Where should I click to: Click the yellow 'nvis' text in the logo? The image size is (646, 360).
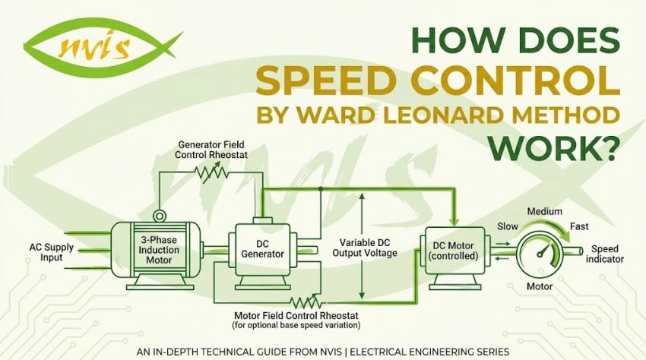pyautogui.click(x=94, y=46)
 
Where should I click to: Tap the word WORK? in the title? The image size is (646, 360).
pyautogui.click(x=553, y=147)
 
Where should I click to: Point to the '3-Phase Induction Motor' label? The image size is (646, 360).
pyautogui.click(x=159, y=250)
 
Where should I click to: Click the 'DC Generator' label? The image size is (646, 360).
pyautogui.click(x=262, y=249)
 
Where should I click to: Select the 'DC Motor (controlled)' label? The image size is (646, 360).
pyautogui.click(x=453, y=251)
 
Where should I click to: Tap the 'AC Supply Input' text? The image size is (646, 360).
pyautogui.click(x=51, y=252)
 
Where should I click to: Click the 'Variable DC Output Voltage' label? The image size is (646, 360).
pyautogui.click(x=365, y=248)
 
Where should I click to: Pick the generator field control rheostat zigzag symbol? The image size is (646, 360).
pyautogui.click(x=212, y=173)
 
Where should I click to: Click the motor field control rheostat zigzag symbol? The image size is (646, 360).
pyautogui.click(x=306, y=302)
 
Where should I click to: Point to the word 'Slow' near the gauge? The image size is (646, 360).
pyautogui.click(x=508, y=226)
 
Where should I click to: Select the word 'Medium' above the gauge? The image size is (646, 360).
pyautogui.click(x=545, y=211)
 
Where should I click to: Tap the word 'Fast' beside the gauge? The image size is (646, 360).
pyautogui.click(x=579, y=226)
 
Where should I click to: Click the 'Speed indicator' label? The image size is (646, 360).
pyautogui.click(x=605, y=254)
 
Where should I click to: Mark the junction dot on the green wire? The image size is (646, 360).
pyautogui.click(x=321, y=188)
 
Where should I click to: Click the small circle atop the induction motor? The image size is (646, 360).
pyautogui.click(x=158, y=216)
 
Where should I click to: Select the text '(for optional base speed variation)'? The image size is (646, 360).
pyautogui.click(x=296, y=325)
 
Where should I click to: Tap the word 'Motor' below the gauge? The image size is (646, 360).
pyautogui.click(x=540, y=286)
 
